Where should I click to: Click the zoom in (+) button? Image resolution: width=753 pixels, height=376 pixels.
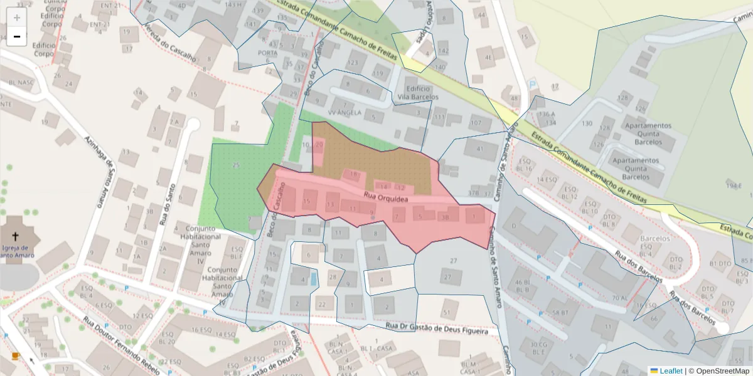click(x=17, y=17)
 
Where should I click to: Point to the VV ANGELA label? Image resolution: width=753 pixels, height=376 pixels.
click(x=344, y=113)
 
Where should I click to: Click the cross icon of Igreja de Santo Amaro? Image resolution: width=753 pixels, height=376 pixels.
click(x=15, y=236)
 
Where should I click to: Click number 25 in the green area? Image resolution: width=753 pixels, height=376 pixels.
click(x=236, y=165)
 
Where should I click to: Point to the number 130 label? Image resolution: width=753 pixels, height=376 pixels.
click(x=587, y=123)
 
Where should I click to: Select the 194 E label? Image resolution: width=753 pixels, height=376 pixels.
click(x=734, y=186)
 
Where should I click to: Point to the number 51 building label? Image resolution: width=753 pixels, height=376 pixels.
click(x=447, y=312)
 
